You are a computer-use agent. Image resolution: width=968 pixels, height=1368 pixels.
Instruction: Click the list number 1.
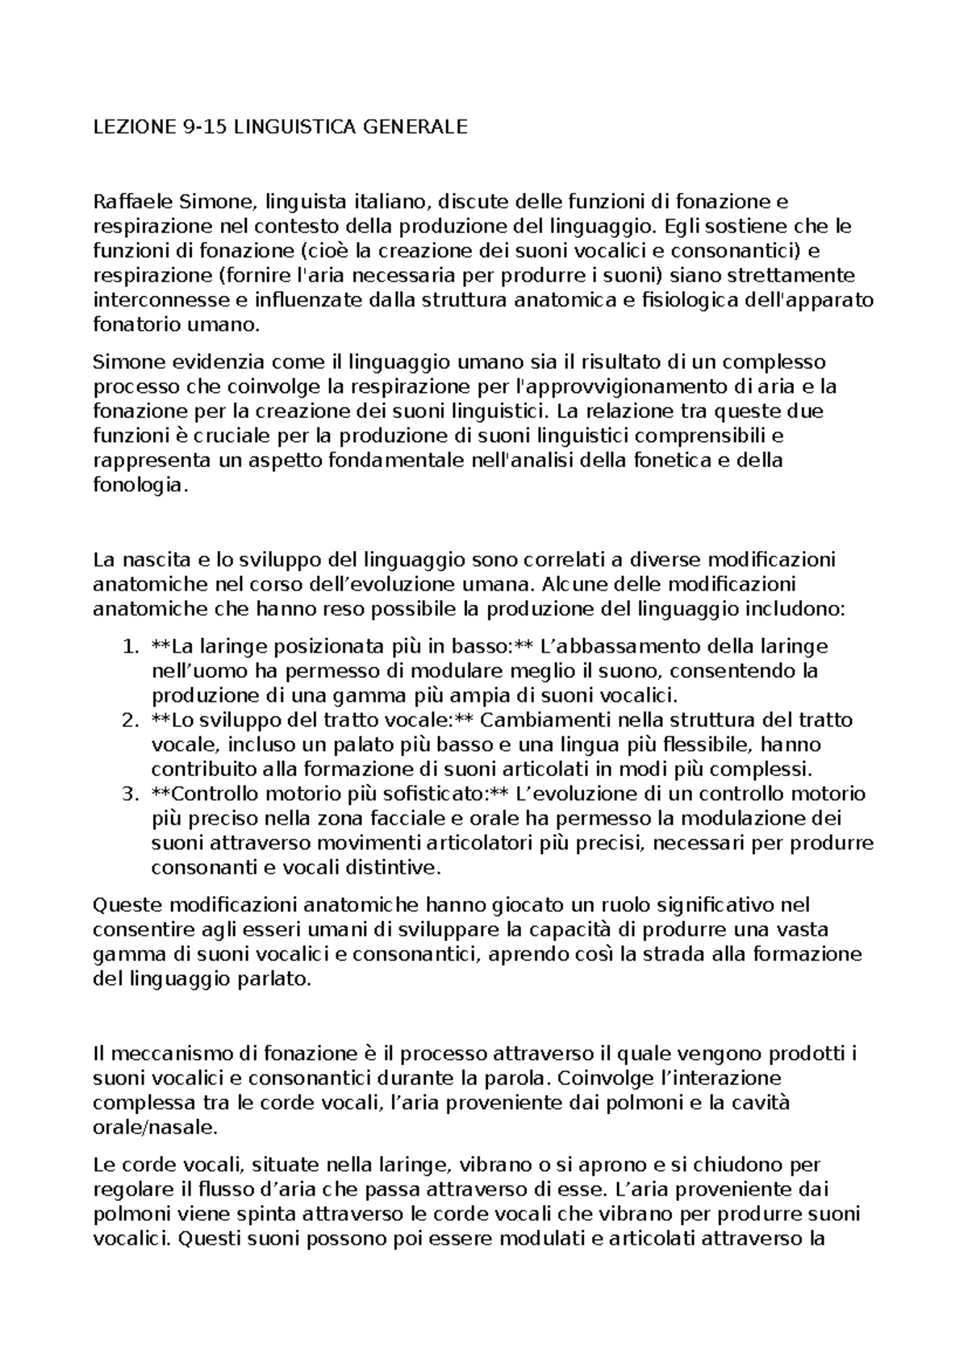coord(130,646)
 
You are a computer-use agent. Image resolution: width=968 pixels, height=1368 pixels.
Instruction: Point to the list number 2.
coord(130,719)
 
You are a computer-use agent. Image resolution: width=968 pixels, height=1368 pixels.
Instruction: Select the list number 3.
coord(130,794)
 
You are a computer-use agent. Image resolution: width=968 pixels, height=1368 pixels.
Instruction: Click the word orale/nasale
coord(154,1128)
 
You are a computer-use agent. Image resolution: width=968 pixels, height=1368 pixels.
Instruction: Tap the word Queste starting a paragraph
coord(127,905)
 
